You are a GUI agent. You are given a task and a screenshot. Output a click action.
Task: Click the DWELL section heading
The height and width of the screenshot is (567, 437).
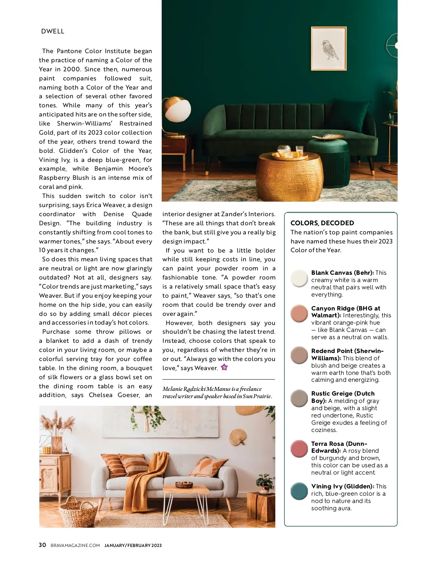pos(53,31)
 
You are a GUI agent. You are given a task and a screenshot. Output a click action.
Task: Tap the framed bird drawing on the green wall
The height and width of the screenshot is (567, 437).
pos(328,48)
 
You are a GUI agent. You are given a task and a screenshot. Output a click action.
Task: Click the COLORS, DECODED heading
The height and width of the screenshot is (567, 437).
pos(322,223)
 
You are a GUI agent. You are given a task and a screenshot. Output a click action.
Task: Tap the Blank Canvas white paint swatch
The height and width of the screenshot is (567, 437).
pos(299,278)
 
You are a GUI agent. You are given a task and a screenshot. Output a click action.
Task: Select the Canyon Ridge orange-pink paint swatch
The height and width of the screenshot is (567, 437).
pos(299,313)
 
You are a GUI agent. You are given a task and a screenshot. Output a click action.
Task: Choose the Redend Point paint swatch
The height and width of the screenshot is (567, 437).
pos(299,355)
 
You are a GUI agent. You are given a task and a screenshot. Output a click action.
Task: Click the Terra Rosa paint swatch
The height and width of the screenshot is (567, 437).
pos(299,448)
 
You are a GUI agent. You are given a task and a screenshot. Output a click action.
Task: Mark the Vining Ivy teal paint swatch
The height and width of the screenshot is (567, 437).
pos(299,491)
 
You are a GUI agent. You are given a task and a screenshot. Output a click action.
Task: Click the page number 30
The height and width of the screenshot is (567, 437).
pos(42,545)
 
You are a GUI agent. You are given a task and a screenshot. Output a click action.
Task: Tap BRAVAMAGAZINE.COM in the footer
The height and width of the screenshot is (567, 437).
pos(75,545)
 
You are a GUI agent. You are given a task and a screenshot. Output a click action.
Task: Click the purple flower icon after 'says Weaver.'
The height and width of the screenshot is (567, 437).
pos(224,367)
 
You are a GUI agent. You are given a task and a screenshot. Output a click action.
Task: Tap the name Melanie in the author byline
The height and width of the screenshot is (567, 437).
pos(172,389)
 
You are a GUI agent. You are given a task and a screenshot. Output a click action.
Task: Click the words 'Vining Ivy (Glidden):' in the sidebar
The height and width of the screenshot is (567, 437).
pos(343,486)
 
